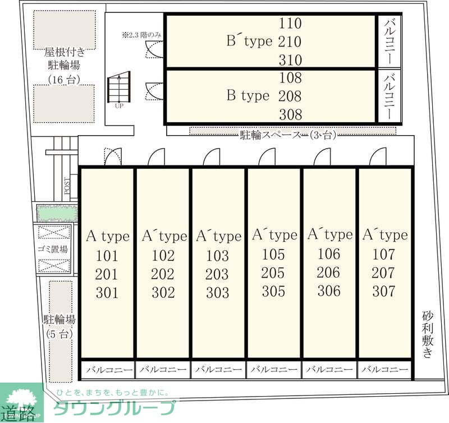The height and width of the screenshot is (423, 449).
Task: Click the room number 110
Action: (x=290, y=24)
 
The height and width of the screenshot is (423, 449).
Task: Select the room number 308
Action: (x=290, y=114)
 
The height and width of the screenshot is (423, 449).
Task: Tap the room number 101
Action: (x=107, y=256)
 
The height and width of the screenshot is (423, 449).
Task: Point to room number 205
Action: (x=273, y=273)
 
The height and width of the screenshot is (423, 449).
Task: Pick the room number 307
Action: (x=384, y=291)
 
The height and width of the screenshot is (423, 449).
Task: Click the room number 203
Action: (x=217, y=274)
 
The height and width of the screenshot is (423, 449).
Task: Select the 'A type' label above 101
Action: (x=107, y=237)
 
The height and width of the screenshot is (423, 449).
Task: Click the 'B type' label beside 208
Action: (x=248, y=96)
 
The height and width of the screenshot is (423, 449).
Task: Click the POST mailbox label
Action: (x=67, y=186)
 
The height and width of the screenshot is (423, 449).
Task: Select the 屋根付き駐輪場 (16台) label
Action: (x=65, y=66)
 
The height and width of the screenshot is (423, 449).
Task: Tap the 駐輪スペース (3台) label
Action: (x=287, y=135)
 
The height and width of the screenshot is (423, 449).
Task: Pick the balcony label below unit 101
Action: (x=108, y=370)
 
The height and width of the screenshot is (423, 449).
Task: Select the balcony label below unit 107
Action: (x=384, y=370)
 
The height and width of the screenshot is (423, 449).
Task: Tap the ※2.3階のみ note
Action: (x=141, y=35)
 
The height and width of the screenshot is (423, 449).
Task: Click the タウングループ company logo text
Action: (x=114, y=408)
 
